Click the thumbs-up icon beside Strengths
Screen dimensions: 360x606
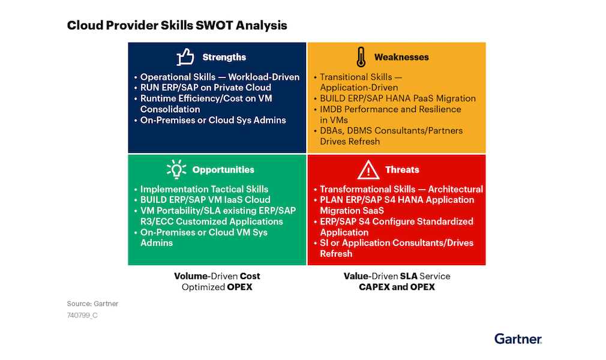pos(185,57)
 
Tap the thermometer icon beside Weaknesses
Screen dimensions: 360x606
pos(360,57)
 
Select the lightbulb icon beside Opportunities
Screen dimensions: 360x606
pos(176,170)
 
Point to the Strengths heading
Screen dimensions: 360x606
pos(224,58)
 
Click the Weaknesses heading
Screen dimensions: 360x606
pos(401,58)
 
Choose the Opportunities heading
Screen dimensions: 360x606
pos(223,170)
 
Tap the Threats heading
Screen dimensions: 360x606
pos(402,170)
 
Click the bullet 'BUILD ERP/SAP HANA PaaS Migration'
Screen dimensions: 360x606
pos(397,98)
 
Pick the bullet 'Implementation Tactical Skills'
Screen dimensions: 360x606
pos(204,189)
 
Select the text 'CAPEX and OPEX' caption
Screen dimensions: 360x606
pos(397,287)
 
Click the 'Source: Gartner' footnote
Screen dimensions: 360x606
pos(92,304)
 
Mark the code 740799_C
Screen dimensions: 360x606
pos(82,315)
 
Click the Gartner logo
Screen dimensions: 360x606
pos(518,339)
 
